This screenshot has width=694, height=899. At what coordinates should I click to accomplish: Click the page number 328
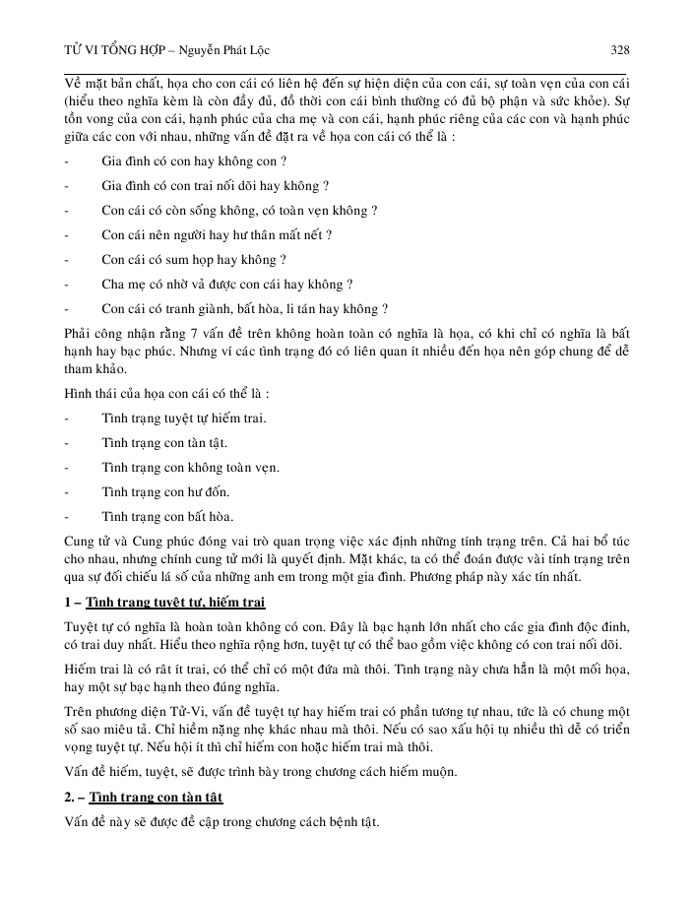coord(620,49)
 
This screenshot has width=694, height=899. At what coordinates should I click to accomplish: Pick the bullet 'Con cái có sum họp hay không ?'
coord(194,260)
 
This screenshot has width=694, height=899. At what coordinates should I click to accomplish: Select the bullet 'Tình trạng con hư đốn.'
coord(165,490)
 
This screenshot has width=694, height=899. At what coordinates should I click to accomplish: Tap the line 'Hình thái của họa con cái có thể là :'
coord(166,393)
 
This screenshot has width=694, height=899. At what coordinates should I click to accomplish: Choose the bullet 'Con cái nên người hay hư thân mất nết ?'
coord(217,235)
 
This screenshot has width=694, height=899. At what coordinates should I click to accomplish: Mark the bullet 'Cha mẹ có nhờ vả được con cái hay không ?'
coord(227,285)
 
